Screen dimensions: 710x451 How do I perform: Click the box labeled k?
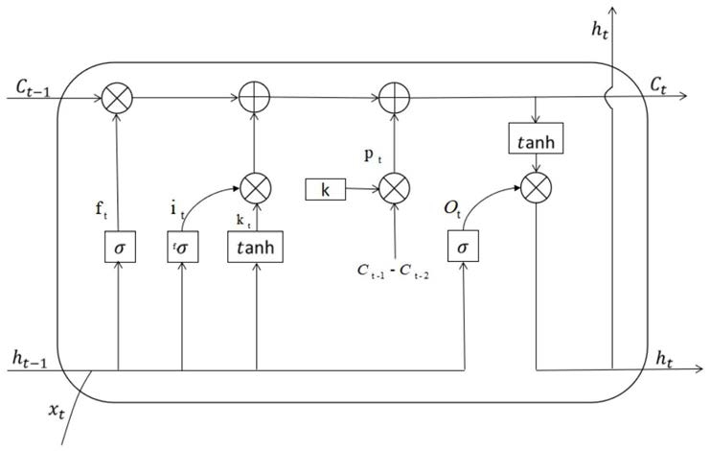point(326,189)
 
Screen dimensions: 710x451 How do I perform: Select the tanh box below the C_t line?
point(536,138)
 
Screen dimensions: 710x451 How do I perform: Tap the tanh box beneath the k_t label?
point(256,247)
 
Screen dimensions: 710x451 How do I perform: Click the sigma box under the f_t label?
point(120,247)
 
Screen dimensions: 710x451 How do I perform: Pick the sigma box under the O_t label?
point(463,246)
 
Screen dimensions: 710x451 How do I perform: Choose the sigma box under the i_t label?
point(182,247)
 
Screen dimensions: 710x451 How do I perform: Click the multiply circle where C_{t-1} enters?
point(117,98)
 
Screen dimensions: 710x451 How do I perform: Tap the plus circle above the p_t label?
point(395,98)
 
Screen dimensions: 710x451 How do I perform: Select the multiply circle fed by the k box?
point(395,188)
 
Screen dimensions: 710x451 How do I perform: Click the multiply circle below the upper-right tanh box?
point(537,188)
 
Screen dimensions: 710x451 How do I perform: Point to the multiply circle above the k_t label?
point(256,188)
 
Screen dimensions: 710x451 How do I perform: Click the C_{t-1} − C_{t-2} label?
point(393,271)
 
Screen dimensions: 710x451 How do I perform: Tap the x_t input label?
point(57,411)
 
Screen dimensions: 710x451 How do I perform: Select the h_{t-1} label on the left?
point(30,360)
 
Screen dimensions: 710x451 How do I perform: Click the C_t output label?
point(658,85)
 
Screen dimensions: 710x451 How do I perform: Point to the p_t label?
point(373,155)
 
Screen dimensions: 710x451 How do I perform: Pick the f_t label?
point(102,210)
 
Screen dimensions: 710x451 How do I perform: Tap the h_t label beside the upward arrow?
point(600,30)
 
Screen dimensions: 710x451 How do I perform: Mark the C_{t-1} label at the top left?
point(33,87)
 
